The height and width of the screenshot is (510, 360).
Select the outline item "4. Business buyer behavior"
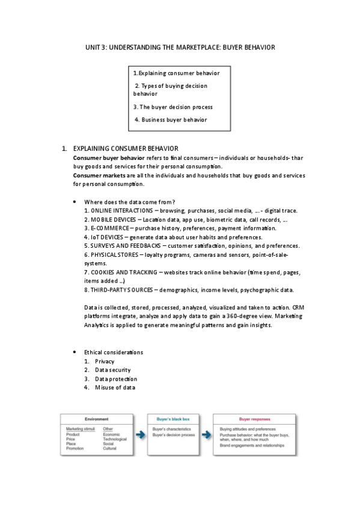click(171, 120)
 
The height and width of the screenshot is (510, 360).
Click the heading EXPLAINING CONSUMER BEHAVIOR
click(125, 148)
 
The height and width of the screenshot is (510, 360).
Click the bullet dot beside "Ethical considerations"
click(74, 352)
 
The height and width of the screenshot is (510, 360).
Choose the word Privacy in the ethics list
click(105, 361)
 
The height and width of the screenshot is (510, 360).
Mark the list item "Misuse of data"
click(115, 387)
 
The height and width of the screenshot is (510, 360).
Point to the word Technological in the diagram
click(116, 439)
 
